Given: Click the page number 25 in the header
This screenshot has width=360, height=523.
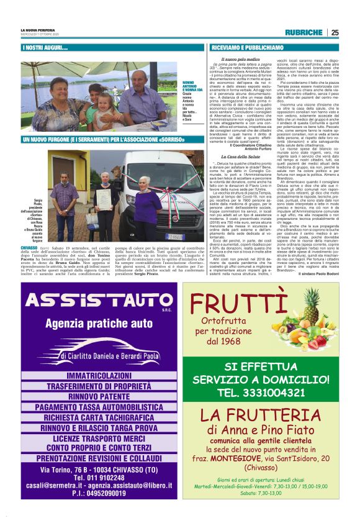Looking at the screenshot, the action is pyautogui.click(x=334, y=32).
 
